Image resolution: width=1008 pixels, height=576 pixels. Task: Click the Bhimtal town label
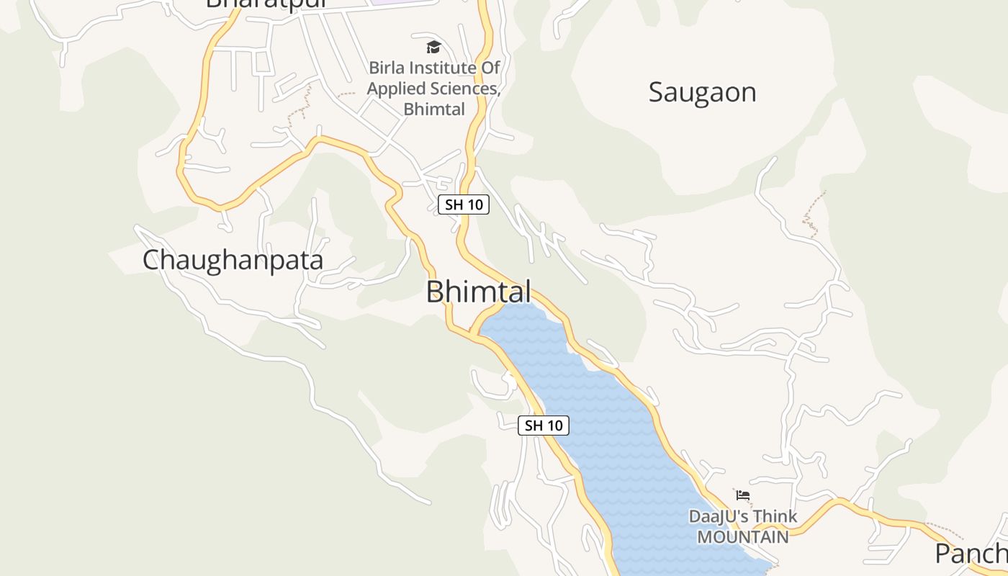click(479, 292)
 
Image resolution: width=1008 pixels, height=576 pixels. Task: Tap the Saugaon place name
click(702, 93)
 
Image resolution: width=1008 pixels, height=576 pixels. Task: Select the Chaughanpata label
click(233, 260)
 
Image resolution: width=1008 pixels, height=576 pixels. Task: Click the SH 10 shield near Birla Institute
click(464, 204)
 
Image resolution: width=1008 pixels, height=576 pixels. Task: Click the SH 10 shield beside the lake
click(544, 426)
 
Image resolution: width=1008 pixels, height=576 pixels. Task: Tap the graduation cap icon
click(433, 48)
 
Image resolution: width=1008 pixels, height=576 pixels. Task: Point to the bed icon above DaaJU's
click(743, 495)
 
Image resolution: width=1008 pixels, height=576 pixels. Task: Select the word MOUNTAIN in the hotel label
click(742, 537)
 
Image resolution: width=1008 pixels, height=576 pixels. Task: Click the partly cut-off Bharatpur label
click(266, 4)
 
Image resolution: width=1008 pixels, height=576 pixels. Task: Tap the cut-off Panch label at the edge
click(972, 554)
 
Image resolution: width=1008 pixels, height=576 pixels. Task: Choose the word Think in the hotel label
click(772, 517)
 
